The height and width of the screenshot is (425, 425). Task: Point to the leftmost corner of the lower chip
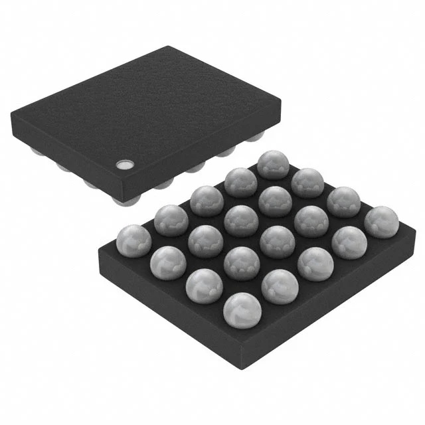click(x=98, y=250)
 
